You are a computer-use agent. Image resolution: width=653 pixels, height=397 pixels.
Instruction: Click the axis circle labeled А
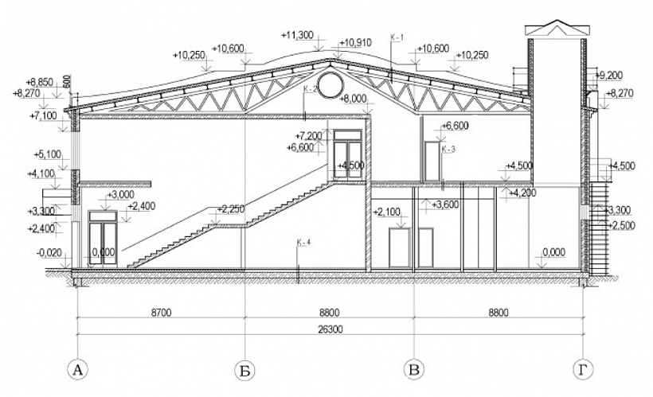[77, 369]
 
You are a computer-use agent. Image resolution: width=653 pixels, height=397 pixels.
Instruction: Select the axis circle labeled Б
[244, 369]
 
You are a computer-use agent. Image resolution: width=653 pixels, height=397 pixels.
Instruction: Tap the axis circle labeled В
[413, 369]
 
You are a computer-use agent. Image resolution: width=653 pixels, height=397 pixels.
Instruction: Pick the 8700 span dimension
[160, 312]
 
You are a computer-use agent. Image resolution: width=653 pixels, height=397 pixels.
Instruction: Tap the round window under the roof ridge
[329, 83]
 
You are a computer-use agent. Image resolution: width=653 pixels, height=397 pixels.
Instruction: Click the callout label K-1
[397, 37]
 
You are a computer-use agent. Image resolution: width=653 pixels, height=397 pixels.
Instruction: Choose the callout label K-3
[448, 149]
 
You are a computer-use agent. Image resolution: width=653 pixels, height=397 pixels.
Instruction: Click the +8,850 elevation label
[39, 81]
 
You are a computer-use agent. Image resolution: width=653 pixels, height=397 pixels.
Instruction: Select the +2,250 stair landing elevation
[229, 210]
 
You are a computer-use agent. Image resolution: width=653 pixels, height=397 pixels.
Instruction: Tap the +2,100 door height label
[386, 212]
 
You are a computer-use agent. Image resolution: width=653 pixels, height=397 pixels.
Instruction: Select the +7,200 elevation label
[309, 136]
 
